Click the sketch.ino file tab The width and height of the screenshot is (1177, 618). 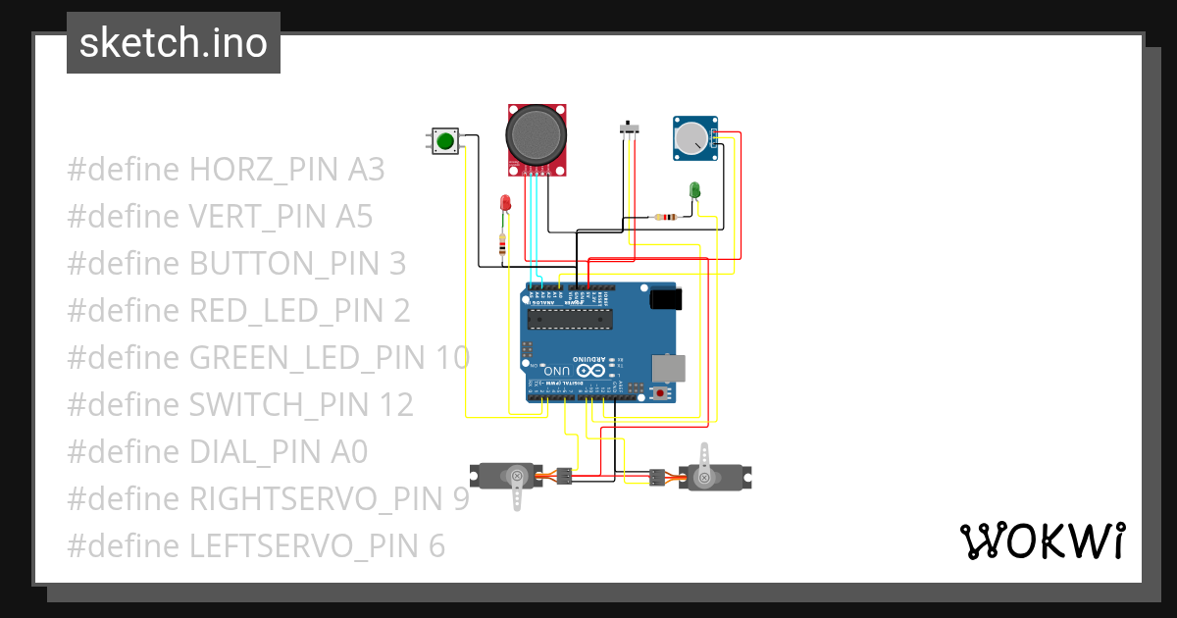pos(174,43)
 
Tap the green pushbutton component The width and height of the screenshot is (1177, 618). pos(445,141)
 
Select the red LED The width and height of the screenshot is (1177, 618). pos(505,202)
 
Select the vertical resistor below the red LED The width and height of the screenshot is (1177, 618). pos(503,245)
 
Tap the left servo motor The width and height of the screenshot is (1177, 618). pos(508,477)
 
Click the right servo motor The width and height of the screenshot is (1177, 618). pos(710,476)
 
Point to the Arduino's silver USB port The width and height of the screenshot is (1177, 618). pos(671,368)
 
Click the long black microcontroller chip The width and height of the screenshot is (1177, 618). pos(570,317)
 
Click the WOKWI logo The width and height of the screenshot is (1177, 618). pos(1041,541)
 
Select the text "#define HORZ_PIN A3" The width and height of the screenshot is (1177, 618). pos(226,170)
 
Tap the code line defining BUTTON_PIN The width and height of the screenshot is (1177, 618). pos(236,264)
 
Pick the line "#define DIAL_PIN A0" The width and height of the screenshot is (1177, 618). pos(217,452)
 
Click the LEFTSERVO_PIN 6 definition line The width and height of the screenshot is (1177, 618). pos(256,546)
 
